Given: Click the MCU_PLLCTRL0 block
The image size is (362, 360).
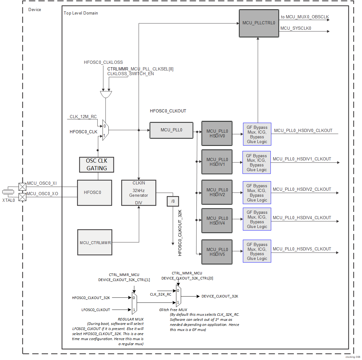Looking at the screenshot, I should point(259,23).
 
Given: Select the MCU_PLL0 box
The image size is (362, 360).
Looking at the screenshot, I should point(171,130).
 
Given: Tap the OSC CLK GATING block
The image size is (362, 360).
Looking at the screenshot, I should point(96,165).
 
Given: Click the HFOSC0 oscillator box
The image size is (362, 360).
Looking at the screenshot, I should point(94,193).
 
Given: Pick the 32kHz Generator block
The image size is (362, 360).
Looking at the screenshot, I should point(139,193).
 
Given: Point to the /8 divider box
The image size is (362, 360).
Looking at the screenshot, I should point(173,201).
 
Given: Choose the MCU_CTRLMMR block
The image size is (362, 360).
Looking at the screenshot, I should point(95,242).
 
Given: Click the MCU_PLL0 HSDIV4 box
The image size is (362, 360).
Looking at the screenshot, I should point(217,220).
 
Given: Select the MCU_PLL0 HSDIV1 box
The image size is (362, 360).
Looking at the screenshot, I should point(217,162).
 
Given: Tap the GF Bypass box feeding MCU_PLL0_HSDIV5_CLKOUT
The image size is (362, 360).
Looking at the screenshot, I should point(257,251).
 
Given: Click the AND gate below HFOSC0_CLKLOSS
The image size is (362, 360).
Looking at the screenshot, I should point(106,94).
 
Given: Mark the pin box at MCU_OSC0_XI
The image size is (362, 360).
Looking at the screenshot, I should point(22,187).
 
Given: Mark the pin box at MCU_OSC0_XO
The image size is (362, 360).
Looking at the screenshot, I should point(22,197).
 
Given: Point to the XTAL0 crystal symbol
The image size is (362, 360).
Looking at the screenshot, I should point(8,192).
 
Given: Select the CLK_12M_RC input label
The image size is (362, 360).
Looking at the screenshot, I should point(83,117).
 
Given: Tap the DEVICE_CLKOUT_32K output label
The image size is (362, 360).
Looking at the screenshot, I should point(220,296).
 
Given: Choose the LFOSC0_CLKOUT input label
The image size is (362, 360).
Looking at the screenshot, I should point(96,310).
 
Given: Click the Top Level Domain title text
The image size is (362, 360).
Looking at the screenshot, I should point(81,13).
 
